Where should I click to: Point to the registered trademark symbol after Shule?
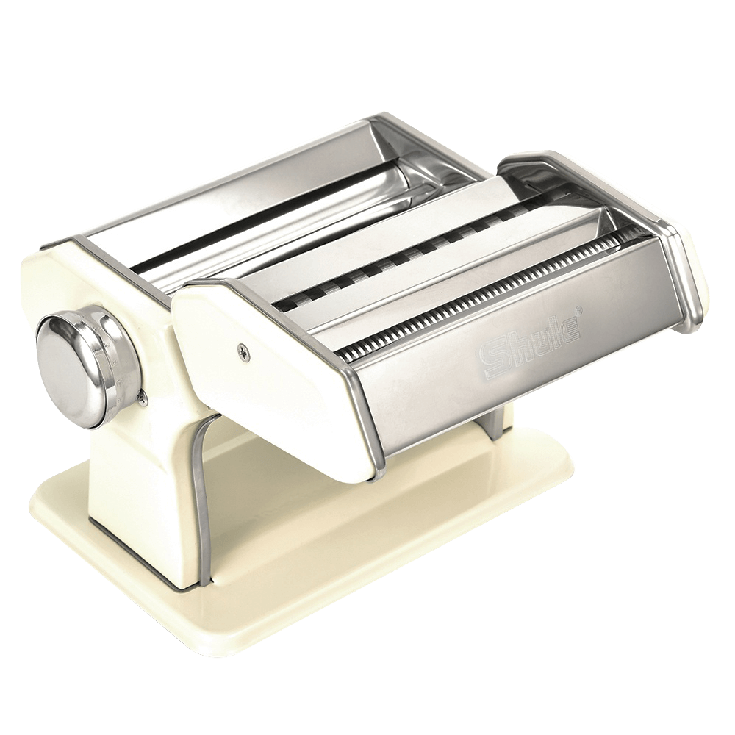(x=581, y=313)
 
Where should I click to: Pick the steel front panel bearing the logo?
(x=514, y=367)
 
